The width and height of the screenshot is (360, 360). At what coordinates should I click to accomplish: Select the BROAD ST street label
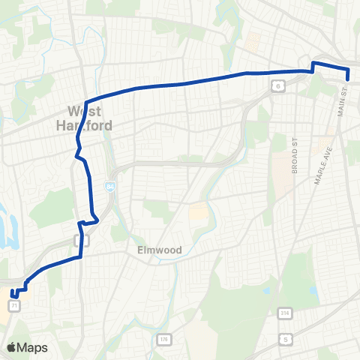coord(295,155)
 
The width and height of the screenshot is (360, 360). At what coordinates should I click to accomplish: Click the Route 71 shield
coord(13,306)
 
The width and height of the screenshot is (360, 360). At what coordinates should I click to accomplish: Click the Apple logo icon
coord(11,348)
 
